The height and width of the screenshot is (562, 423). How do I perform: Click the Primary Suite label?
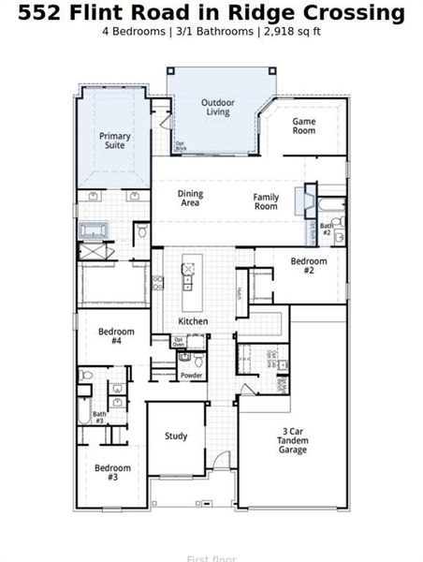(115, 140)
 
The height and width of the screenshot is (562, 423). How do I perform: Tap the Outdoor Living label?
(217, 107)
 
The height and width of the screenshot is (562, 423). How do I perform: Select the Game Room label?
(303, 126)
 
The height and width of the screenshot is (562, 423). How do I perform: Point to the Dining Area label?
(190, 199)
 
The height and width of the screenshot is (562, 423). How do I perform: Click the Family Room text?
(266, 200)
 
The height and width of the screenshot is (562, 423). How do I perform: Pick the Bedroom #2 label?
(308, 266)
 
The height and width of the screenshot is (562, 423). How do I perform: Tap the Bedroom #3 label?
(111, 471)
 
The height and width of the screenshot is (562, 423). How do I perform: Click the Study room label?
(176, 436)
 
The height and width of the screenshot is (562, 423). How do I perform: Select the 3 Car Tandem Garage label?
(294, 441)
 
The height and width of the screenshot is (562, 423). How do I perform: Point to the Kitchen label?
(193, 321)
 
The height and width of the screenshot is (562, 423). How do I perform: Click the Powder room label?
(191, 375)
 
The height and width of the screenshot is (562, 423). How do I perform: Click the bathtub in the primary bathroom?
(95, 229)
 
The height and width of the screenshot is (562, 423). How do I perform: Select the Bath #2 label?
(327, 228)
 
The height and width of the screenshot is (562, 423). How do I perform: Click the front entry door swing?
(221, 459)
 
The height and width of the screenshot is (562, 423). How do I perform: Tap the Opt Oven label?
(178, 342)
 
